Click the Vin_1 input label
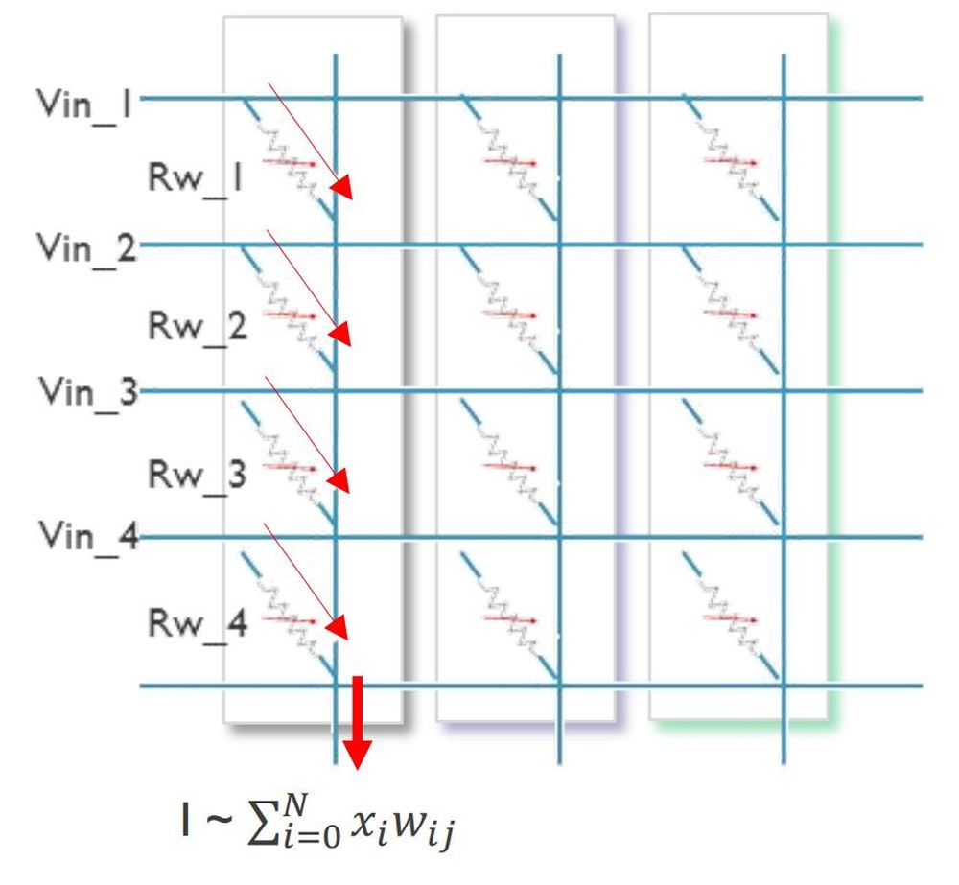click(x=84, y=102)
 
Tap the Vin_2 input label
click(x=84, y=250)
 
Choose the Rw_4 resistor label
click(x=198, y=624)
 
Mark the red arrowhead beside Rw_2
click(x=340, y=335)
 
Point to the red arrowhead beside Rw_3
click(x=339, y=481)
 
